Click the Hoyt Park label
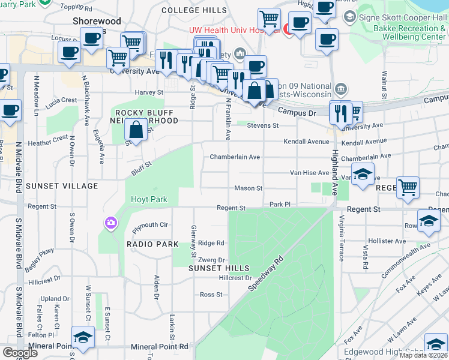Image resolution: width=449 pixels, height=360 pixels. coord(149,199)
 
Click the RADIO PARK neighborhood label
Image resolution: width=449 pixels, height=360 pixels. coord(152,244)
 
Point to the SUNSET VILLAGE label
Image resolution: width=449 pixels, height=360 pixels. coord(61,186)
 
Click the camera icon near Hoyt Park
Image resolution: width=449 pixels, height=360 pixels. coord(110,224)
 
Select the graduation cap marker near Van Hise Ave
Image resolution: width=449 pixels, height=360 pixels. coord(363,175)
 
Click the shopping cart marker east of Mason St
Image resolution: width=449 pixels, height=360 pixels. coord(408,188)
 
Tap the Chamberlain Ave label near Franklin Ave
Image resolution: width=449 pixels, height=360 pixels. coord(234,157)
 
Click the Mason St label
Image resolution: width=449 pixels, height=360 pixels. coord(248,188)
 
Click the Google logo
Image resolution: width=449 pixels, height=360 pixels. coord(20,353)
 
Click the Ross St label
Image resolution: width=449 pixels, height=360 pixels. coord(211,295)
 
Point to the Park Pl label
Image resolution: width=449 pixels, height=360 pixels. coord(280,204)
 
